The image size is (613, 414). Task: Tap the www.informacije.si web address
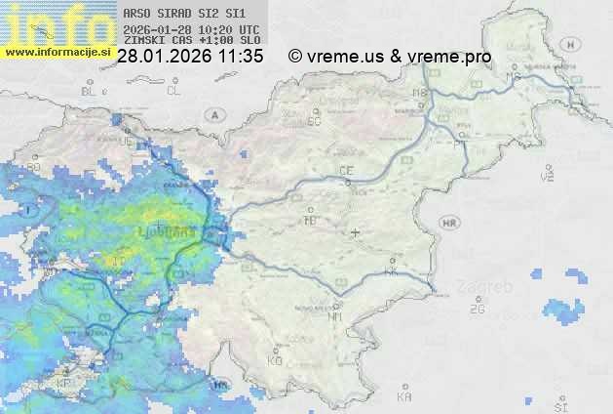pyautogui.click(x=57, y=51)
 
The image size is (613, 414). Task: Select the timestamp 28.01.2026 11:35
pyautogui.click(x=189, y=57)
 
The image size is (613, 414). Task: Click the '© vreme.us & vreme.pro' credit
pyautogui.click(x=390, y=57)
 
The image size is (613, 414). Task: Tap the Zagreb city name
pyautogui.click(x=489, y=289)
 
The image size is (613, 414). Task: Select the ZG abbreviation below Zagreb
pyautogui.click(x=477, y=310)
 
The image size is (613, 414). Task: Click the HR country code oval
pyautogui.click(x=450, y=224)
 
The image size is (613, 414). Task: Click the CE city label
pyautogui.click(x=345, y=171)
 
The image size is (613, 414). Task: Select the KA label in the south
pyautogui.click(x=404, y=396)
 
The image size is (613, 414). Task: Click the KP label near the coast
pyautogui.click(x=65, y=384)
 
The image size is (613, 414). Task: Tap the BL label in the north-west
pyautogui.click(x=89, y=91)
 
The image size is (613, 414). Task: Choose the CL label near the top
pyautogui.click(x=173, y=91)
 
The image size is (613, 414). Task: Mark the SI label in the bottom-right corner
pyautogui.click(x=559, y=404)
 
